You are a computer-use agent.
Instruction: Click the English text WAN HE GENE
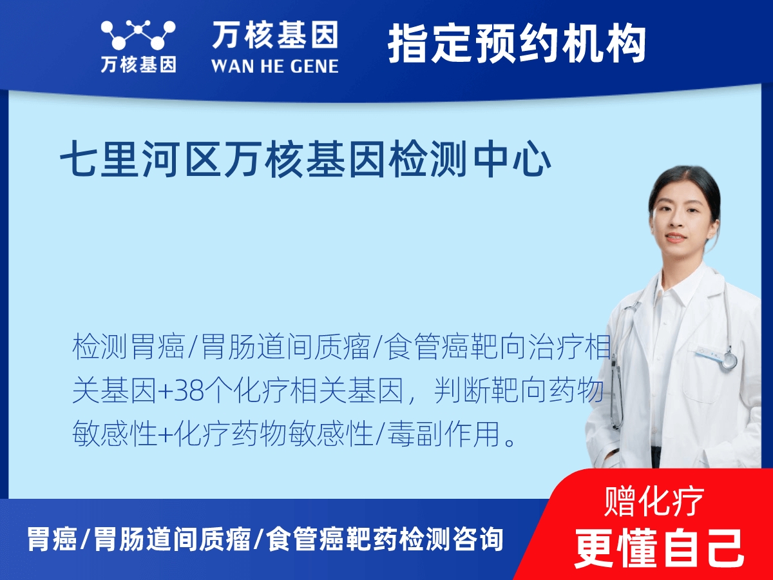274,66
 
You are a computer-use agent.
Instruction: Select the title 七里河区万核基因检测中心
306,159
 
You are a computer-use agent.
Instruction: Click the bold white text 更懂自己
659,547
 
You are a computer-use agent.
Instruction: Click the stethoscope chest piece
729,360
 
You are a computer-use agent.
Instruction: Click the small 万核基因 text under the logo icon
138,65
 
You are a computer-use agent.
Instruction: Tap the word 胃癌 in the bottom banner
52,539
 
